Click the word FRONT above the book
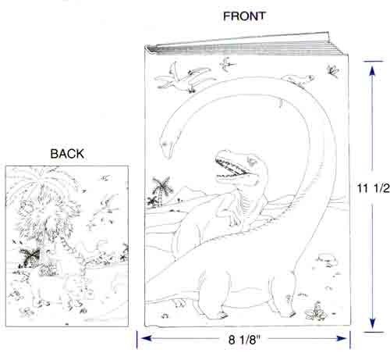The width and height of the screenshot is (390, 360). click(244, 16)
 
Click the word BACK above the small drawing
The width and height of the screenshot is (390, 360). click(67, 154)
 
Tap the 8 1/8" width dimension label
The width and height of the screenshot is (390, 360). click(244, 340)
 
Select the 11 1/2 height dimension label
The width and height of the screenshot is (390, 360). click(374, 188)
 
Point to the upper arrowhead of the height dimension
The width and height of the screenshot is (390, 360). click(372, 71)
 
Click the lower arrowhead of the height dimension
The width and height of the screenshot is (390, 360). click(372, 323)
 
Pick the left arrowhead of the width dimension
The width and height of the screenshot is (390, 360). click(146, 338)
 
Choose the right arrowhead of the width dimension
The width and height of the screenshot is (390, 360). click(342, 338)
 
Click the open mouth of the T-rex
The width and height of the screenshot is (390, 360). click(230, 169)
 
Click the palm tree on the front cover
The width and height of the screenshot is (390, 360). click(161, 190)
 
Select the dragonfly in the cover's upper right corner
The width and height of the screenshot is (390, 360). click(333, 70)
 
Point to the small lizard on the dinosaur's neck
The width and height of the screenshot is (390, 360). click(299, 80)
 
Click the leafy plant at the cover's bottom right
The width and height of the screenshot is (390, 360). click(316, 312)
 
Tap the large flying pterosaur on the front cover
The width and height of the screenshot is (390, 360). click(185, 77)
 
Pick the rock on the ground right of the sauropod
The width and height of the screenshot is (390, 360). click(326, 259)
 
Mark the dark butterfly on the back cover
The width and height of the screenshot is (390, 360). click(30, 257)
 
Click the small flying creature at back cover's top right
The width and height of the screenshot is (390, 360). click(105, 178)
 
